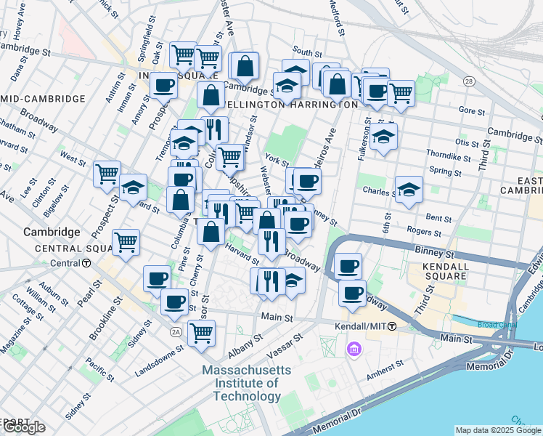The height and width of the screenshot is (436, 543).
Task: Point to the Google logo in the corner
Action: pyautogui.click(x=24, y=427)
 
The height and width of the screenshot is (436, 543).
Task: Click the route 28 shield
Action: pyautogui.click(x=470, y=83)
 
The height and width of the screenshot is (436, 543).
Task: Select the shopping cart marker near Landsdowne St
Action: pyautogui.click(x=201, y=333)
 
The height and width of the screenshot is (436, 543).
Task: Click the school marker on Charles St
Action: pyautogui.click(x=409, y=190)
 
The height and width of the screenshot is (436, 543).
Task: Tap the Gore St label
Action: pyautogui.click(x=473, y=110)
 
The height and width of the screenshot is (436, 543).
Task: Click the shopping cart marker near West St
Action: pyautogui.click(x=107, y=173)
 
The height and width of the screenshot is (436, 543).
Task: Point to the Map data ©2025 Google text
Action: pyautogui.click(x=498, y=430)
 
